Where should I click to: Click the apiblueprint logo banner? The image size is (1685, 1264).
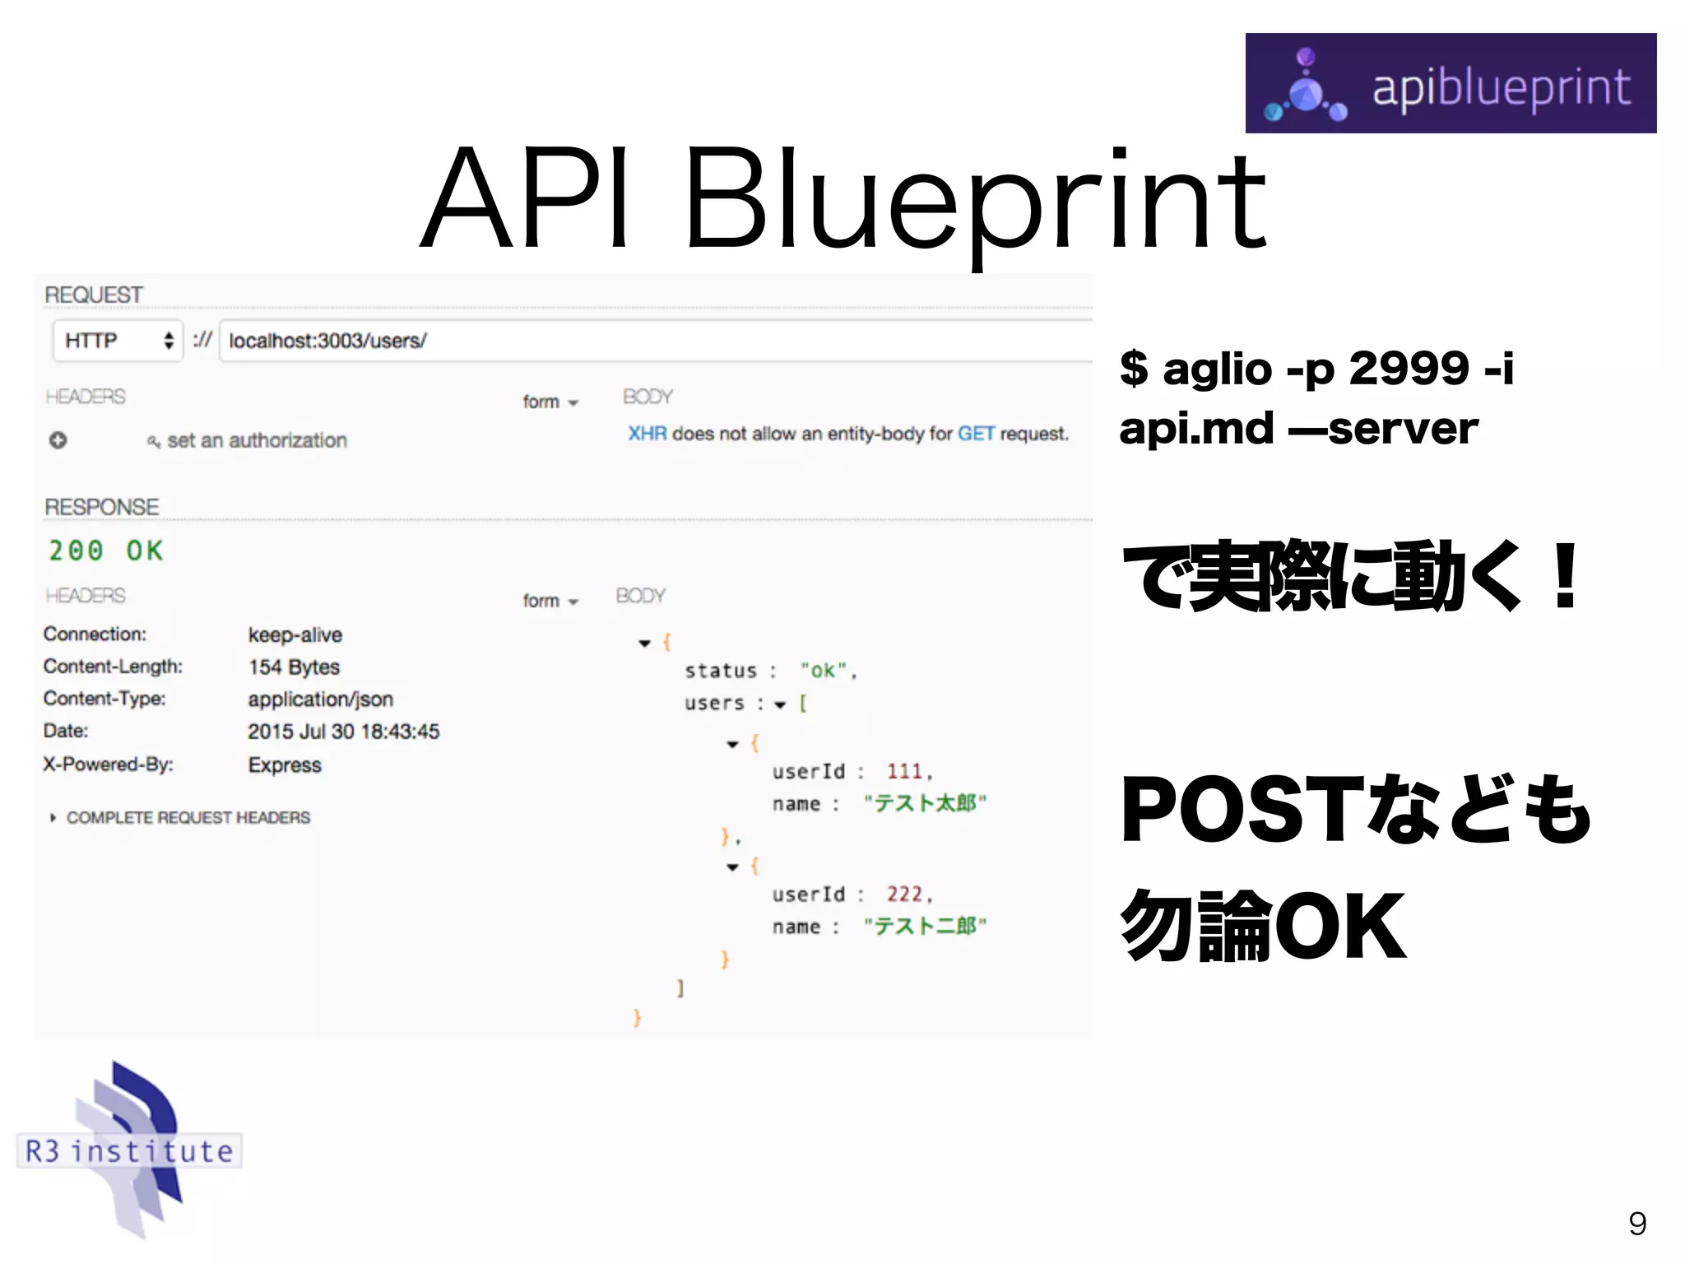tap(1450, 83)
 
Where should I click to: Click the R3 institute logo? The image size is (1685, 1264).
tap(129, 1150)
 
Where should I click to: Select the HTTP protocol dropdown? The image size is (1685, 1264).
tap(118, 341)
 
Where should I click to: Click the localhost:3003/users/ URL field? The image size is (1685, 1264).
tap(655, 341)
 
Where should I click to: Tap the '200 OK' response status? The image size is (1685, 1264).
tap(106, 551)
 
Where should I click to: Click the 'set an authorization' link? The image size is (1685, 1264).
tap(257, 441)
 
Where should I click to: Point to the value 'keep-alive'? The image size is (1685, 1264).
tap(295, 635)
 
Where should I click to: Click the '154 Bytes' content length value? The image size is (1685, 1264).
tap(294, 667)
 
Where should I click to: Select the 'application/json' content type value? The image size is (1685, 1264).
tap(320, 699)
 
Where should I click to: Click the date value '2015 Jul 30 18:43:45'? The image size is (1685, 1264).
tap(343, 732)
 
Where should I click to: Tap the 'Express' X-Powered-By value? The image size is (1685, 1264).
tap(285, 765)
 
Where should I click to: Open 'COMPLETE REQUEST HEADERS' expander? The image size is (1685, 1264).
tap(188, 818)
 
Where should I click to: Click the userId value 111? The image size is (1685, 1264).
tap(903, 772)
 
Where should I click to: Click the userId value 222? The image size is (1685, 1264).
tap(903, 895)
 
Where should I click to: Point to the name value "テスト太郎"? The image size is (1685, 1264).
tap(924, 803)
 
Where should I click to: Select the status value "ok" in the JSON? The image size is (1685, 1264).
tap(824, 671)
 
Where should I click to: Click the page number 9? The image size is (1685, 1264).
tap(1636, 1224)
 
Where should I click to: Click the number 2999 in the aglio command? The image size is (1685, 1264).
tap(1408, 368)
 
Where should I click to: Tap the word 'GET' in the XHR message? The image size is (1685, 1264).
tap(976, 434)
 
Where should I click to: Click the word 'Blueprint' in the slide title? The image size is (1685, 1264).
tap(974, 200)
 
